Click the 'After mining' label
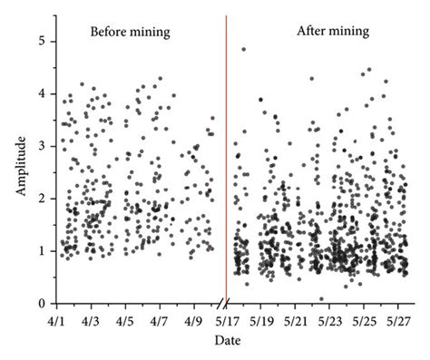333,32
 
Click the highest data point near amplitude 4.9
243,49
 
